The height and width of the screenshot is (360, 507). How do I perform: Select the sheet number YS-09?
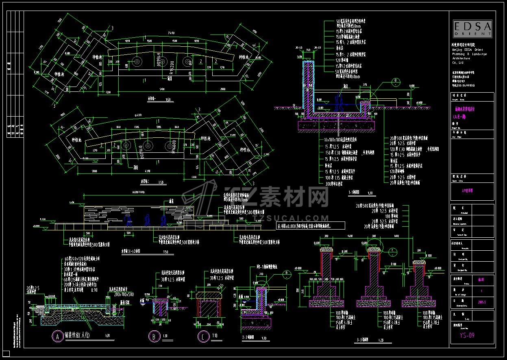click(x=467, y=335)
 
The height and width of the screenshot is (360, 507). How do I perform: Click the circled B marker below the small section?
click(x=154, y=336)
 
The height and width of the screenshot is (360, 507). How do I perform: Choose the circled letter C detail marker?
click(x=203, y=336)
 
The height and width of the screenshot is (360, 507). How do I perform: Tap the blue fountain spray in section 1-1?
click(x=339, y=102)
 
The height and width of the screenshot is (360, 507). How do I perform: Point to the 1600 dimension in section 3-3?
click(x=396, y=236)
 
